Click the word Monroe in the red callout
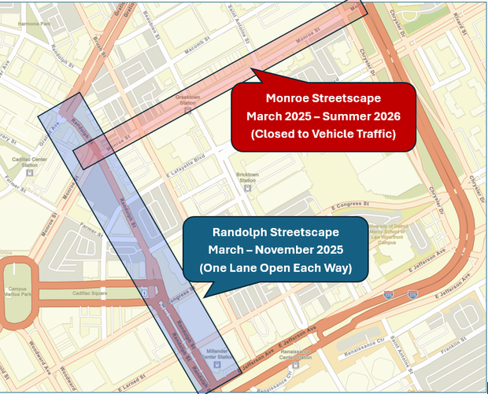coord(288,98)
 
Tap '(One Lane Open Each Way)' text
coord(275,268)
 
